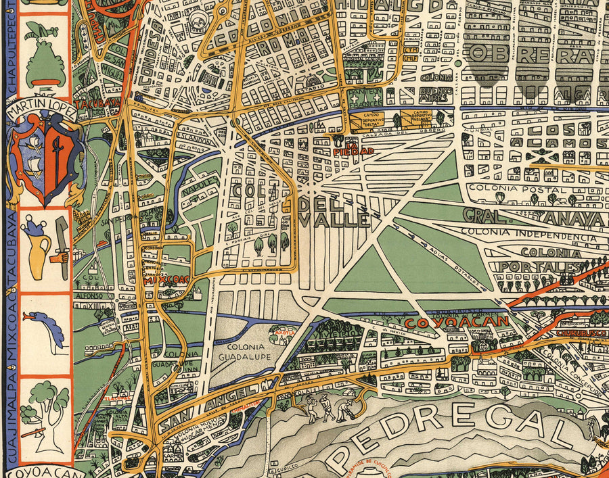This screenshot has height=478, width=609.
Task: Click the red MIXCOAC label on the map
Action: [x=167, y=277]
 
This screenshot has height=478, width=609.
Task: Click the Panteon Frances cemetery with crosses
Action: [x=362, y=99]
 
